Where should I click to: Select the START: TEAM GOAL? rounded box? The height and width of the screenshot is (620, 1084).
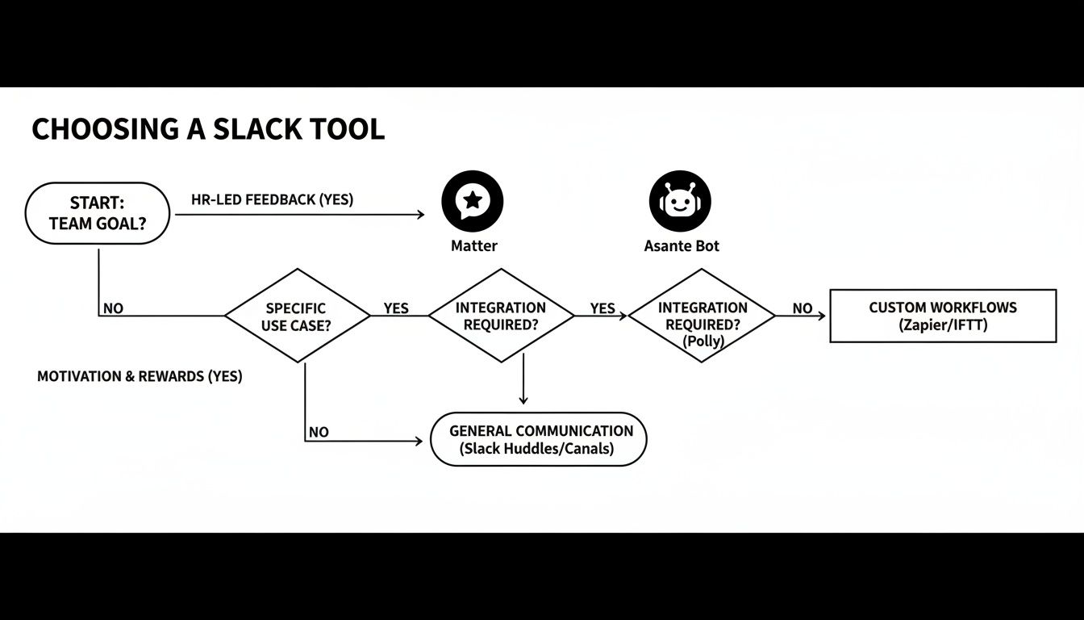tap(98, 213)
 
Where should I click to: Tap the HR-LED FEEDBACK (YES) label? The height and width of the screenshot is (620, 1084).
tap(272, 199)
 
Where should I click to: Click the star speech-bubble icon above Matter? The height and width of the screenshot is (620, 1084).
tap(473, 201)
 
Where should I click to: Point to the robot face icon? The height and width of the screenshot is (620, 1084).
tap(680, 201)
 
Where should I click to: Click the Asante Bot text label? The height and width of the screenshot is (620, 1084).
tap(682, 246)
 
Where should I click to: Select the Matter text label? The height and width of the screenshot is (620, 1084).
tap(473, 246)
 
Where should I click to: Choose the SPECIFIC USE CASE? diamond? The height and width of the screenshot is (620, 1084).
tap(297, 316)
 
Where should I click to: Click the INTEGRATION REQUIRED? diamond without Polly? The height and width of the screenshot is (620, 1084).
tap(501, 316)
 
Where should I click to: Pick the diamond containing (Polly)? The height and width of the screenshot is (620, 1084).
tap(702, 316)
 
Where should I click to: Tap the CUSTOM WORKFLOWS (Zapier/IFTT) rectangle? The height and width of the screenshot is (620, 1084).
tap(943, 316)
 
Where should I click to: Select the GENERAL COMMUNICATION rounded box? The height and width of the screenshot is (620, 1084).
tap(538, 440)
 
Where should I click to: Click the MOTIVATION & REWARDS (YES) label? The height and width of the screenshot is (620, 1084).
tap(140, 377)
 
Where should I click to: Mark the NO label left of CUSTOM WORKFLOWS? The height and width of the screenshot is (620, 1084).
tap(802, 308)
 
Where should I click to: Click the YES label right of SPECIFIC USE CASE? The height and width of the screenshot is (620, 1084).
tap(396, 308)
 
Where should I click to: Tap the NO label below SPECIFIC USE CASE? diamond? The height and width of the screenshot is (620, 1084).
tap(319, 432)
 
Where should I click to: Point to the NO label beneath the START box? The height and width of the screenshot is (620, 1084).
tap(113, 308)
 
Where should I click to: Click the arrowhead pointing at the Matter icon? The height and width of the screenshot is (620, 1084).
tap(419, 215)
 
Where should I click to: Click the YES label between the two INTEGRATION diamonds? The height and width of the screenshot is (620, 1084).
tap(602, 308)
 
